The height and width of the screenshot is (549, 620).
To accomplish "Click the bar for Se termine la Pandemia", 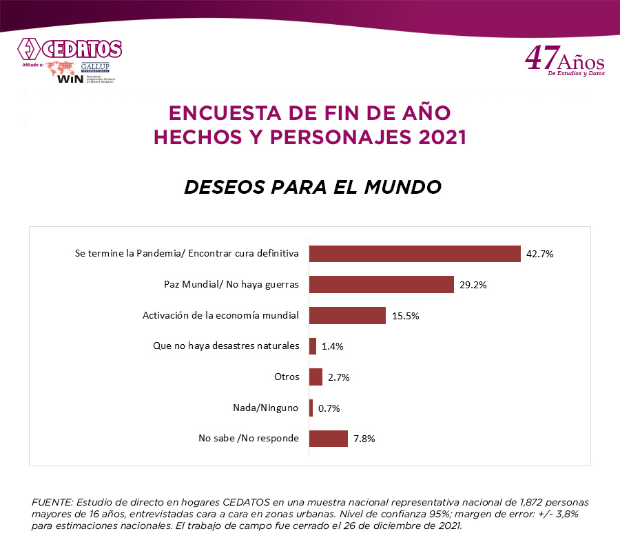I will pos(414,254).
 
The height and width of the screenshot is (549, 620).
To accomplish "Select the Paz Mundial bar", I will pos(381,284).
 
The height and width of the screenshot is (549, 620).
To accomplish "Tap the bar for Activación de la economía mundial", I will pos(347,315).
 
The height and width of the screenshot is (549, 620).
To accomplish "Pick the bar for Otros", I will pos(316,377).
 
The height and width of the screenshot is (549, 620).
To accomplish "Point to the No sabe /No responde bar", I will pos(328,439).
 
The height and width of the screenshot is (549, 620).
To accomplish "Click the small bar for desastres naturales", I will pos(313,346).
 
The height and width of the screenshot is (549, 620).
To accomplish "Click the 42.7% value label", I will pos(540,254).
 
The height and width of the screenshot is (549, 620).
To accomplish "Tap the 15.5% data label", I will pos(405,316).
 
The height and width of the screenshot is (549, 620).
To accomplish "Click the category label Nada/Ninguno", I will pos(266,408).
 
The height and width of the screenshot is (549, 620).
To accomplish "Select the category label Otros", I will pos(287,377).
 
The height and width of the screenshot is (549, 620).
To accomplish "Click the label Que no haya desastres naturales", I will pos(226,346).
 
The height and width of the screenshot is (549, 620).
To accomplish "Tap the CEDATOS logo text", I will pos(81,50).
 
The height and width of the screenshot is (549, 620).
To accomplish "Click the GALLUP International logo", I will pos(95,68).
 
